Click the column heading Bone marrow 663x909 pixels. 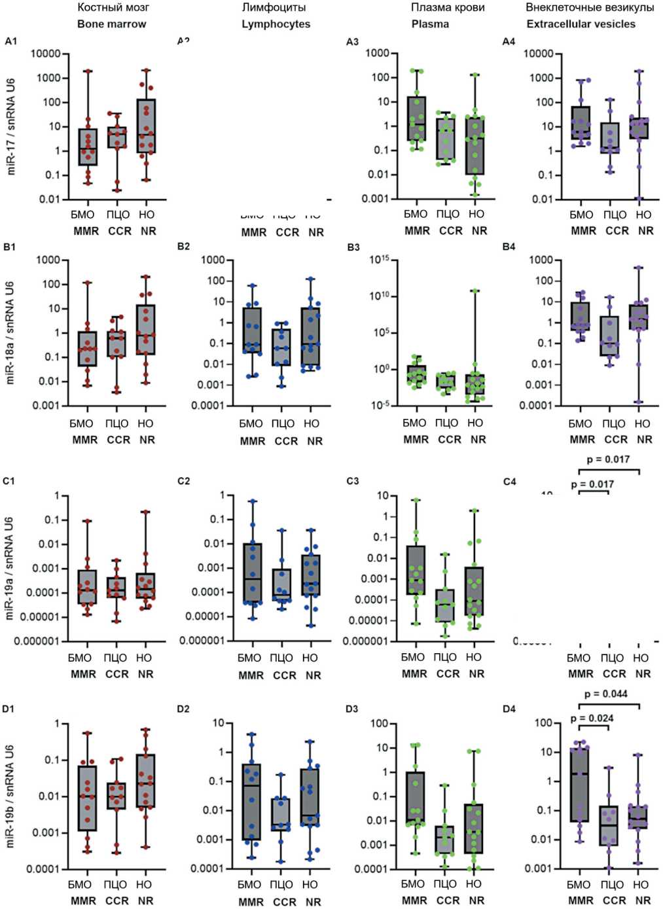[112, 24]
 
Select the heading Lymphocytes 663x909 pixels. [276, 24]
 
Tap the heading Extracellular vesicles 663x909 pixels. [581, 24]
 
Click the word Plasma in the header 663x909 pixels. [430, 24]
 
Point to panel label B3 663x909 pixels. [353, 247]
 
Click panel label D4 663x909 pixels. [509, 709]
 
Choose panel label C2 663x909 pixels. [184, 481]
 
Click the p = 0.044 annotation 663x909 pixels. [606, 694]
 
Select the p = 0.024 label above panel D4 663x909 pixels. [592, 718]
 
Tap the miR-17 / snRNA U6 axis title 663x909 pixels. [11, 126]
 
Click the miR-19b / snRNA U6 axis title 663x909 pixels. [10, 796]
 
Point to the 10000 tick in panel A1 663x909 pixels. [46, 54]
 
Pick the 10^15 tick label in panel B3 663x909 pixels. [380, 260]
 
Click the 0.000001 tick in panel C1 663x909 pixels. [37, 641]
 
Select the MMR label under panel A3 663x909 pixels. [417, 231]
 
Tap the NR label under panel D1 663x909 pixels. [145, 901]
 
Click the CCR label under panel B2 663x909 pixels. [286, 442]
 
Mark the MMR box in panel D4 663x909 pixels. [579, 784]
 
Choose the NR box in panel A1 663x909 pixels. [146, 126]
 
